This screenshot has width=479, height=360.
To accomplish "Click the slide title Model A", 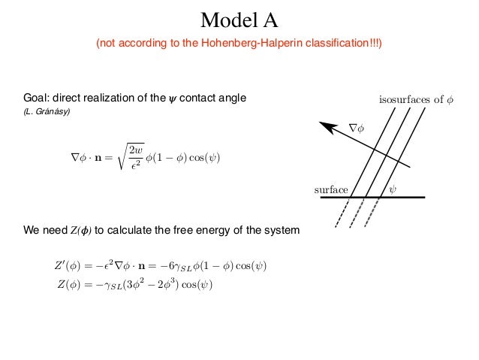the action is coord(239,17).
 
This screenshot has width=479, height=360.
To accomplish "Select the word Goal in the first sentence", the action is coord(36,98).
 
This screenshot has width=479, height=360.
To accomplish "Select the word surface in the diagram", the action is coord(331,189).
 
